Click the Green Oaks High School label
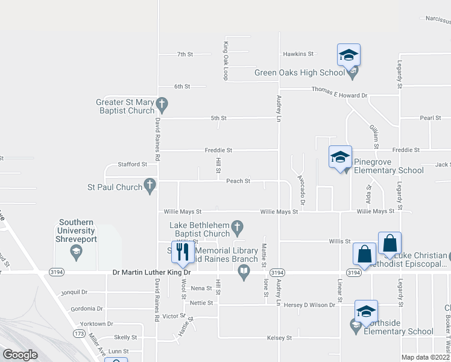[299, 73]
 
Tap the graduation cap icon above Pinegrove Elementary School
[340, 157]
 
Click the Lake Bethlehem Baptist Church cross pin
[238, 227]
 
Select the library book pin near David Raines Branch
[244, 273]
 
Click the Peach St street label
[238, 181]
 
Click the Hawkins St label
[299, 54]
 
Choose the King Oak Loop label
[225, 60]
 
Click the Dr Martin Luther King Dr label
[152, 273]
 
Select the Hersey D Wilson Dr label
[309, 305]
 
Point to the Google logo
[20, 354]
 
